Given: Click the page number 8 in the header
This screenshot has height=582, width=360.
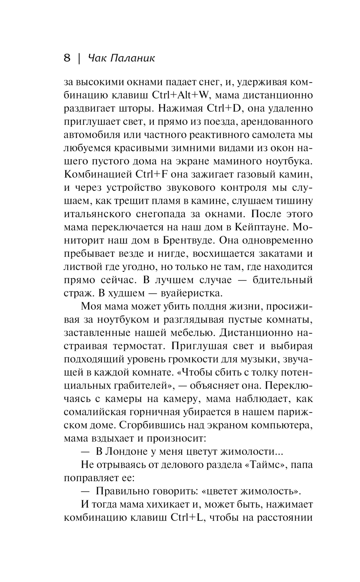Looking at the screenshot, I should click(67, 58).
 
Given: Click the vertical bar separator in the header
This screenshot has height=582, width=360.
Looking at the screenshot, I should click(78, 58).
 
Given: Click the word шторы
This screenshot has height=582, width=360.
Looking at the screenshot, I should click(135, 108).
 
